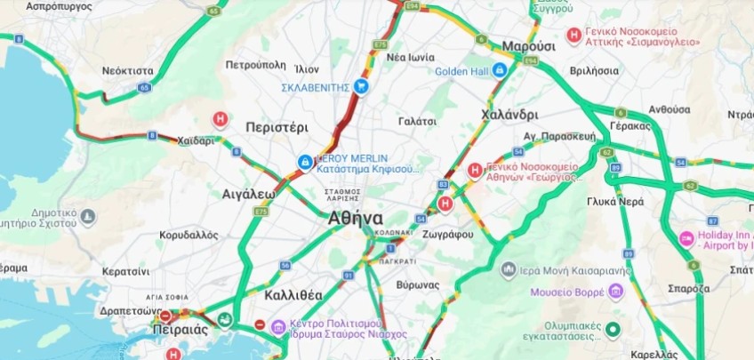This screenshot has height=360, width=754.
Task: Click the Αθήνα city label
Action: point(355,219)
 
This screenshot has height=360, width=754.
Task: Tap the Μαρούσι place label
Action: point(528,46)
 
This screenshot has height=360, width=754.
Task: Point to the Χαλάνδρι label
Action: point(509,115)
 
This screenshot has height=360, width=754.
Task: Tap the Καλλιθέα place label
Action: point(293,294)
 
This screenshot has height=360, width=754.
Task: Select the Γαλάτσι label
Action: point(417,120)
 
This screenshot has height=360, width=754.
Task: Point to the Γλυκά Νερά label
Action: point(614,202)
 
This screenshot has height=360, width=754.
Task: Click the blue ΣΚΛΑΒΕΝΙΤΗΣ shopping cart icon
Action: point(361,86)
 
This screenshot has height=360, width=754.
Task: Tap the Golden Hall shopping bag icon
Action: point(500,69)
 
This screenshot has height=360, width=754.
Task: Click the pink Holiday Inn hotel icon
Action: point(686,238)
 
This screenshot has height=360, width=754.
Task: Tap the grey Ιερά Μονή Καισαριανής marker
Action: point(509,268)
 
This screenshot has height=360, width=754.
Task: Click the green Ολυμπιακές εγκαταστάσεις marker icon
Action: point(612,330)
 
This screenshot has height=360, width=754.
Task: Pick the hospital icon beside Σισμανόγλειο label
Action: point(574,35)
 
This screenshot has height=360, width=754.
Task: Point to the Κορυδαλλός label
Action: point(188,236)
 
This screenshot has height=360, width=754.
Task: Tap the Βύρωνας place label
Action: point(419,285)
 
